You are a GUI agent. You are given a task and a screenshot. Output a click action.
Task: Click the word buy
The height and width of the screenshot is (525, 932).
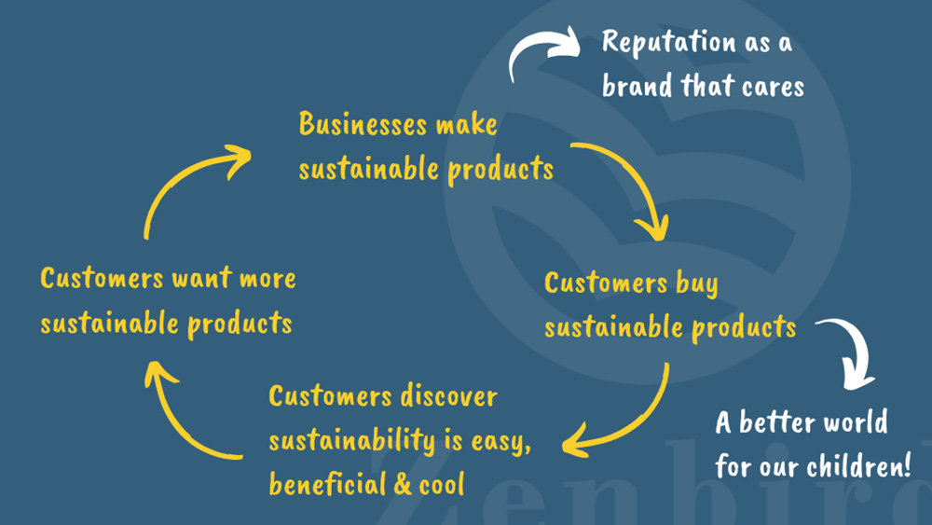click(692, 283)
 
